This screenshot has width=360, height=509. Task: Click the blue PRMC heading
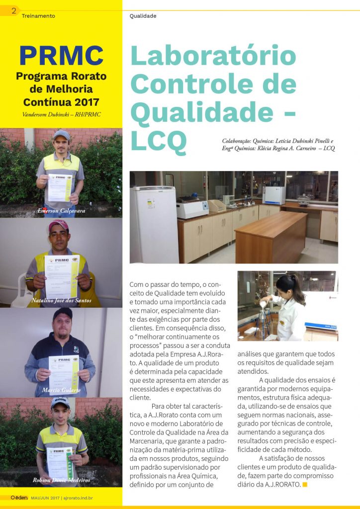coord(61,56)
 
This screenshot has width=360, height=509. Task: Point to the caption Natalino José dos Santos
coord(62,301)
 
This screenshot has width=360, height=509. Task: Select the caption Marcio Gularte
coord(62,389)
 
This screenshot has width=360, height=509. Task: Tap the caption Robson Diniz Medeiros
coord(61,480)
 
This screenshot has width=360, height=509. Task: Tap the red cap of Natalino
coord(58,225)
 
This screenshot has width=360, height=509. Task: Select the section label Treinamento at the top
coord(38,16)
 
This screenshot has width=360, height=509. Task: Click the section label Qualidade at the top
coord(143,16)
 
